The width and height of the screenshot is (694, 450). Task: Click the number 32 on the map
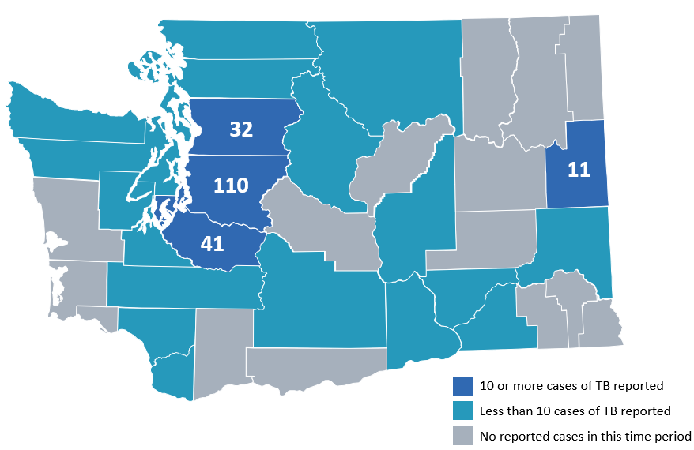tap(240, 128)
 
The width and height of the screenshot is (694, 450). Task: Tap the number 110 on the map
tap(232, 186)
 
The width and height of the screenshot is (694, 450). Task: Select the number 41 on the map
tap(212, 243)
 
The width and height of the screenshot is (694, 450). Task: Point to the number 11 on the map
tap(579, 169)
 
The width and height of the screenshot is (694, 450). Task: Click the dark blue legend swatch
tap(462, 386)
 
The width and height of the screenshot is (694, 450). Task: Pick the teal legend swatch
tap(462, 411)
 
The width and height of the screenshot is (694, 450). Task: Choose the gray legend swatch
tap(462, 436)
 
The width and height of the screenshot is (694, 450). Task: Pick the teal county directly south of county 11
tap(573, 237)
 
